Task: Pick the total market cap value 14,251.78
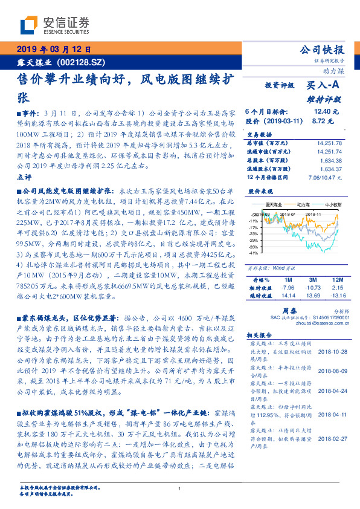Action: pyautogui.click(x=327, y=143)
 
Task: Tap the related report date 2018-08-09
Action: pyautogui.click(x=329, y=372)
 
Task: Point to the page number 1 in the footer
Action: pyautogui.click(x=180, y=488)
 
